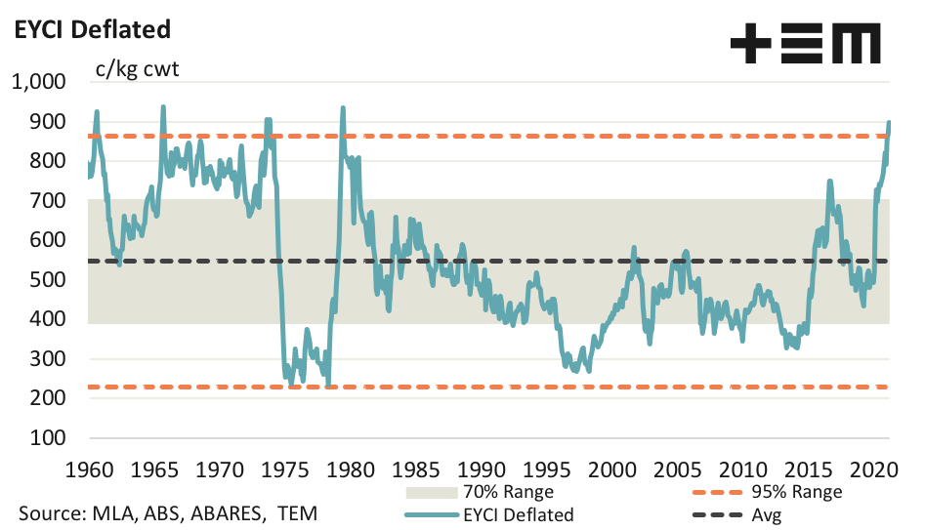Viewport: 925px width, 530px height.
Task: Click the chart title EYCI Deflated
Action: coord(91,30)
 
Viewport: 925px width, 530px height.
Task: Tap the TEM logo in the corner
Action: coord(806,43)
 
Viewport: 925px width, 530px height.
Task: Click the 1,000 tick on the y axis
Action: coord(38,83)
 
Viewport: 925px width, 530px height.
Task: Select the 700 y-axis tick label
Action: coord(46,201)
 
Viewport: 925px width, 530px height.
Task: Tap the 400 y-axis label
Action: coord(46,319)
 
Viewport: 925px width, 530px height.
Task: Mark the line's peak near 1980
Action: coord(342,107)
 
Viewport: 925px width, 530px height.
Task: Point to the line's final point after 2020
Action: coord(889,123)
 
